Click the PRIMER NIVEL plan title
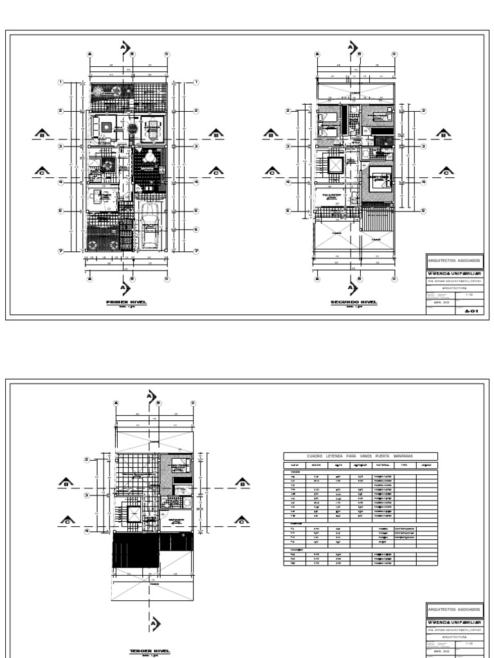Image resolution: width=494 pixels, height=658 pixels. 126,301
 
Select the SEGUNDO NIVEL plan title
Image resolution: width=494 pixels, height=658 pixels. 353,301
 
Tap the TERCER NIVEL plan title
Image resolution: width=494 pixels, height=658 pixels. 150,651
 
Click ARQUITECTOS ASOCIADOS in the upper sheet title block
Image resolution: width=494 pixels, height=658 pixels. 453,261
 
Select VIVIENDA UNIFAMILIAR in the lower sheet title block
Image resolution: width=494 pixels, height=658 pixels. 453,623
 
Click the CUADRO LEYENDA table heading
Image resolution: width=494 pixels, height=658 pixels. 360,456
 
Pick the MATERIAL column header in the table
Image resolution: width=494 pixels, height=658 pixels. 384,465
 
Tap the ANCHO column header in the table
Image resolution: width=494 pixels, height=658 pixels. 316,465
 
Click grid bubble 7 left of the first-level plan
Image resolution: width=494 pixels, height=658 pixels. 60,251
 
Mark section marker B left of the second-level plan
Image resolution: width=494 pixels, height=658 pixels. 271,134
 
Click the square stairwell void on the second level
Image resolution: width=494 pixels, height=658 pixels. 336,164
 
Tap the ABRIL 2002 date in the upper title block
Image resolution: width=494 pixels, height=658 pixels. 441,301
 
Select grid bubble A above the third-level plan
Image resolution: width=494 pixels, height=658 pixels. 116,403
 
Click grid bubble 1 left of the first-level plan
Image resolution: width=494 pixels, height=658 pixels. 60,82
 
